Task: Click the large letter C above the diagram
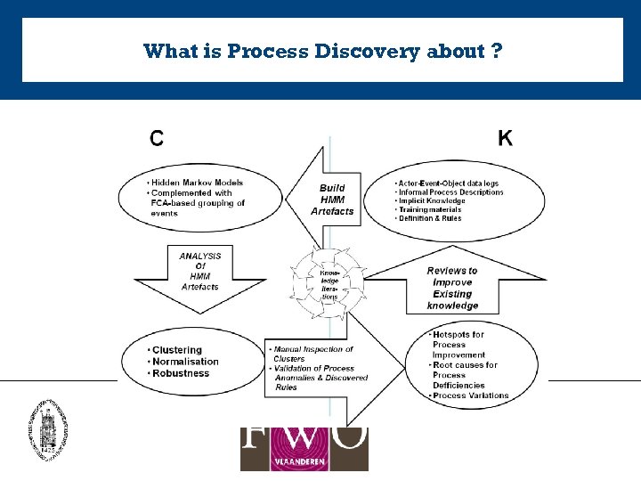(x=156, y=138)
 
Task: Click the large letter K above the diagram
(x=505, y=138)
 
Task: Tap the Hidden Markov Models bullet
(x=196, y=183)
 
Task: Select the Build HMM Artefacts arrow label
(x=332, y=200)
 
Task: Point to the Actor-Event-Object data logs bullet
(x=448, y=183)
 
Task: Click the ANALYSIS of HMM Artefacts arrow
(x=199, y=272)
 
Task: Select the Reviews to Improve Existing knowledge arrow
(x=451, y=288)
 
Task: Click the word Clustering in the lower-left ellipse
(x=177, y=350)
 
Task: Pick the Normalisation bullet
(x=185, y=362)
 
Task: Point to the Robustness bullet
(x=181, y=373)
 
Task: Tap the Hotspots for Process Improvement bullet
(x=458, y=345)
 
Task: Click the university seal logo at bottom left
(x=47, y=428)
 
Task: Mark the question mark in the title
(x=496, y=51)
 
